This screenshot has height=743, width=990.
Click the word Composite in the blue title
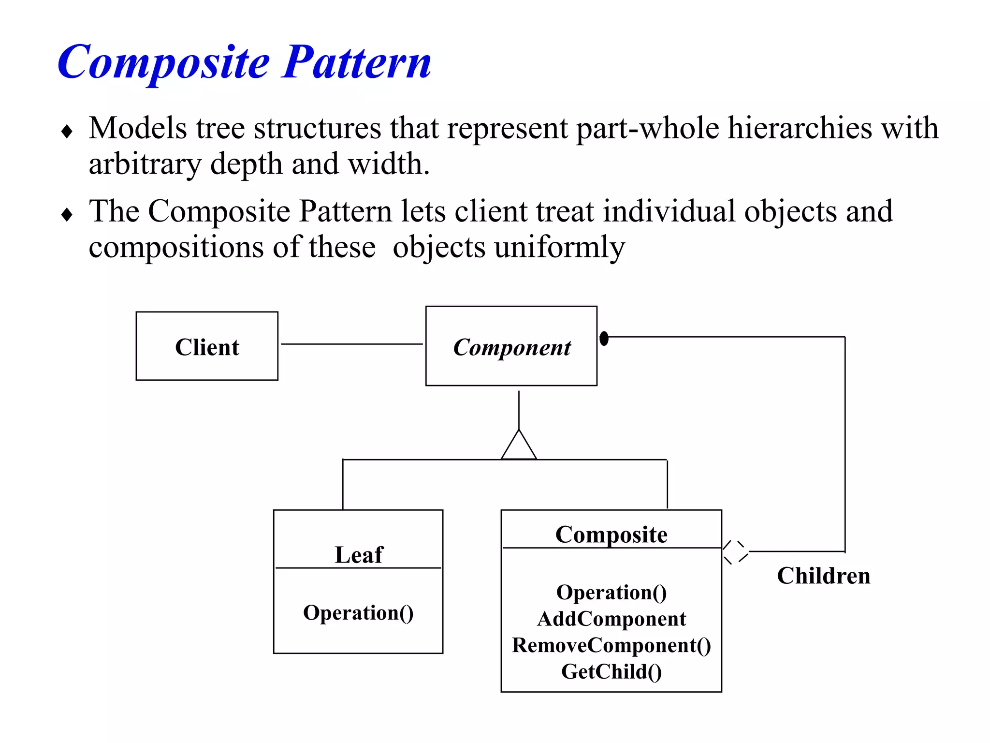click(x=163, y=63)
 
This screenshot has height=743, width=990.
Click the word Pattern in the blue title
click(x=356, y=63)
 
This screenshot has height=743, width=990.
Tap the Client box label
click(x=207, y=347)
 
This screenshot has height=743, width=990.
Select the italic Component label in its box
click(x=511, y=347)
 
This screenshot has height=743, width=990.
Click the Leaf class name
click(x=358, y=554)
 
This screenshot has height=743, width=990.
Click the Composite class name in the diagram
click(x=611, y=535)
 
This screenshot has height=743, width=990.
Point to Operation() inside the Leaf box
click(x=358, y=613)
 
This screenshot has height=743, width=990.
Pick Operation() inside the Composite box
click(x=611, y=593)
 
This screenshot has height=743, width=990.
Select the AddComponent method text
click(x=611, y=619)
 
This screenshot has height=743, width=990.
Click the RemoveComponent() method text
click(x=611, y=645)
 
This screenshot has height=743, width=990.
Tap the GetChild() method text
click(x=611, y=672)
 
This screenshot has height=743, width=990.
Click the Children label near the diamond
click(x=823, y=576)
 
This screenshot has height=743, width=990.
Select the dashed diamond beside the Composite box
click(x=735, y=552)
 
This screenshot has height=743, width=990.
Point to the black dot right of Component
click(x=604, y=338)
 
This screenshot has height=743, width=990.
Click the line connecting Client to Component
click(x=351, y=344)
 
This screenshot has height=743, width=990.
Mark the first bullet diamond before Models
click(x=67, y=131)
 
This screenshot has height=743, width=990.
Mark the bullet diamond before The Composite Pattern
click(x=67, y=214)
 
